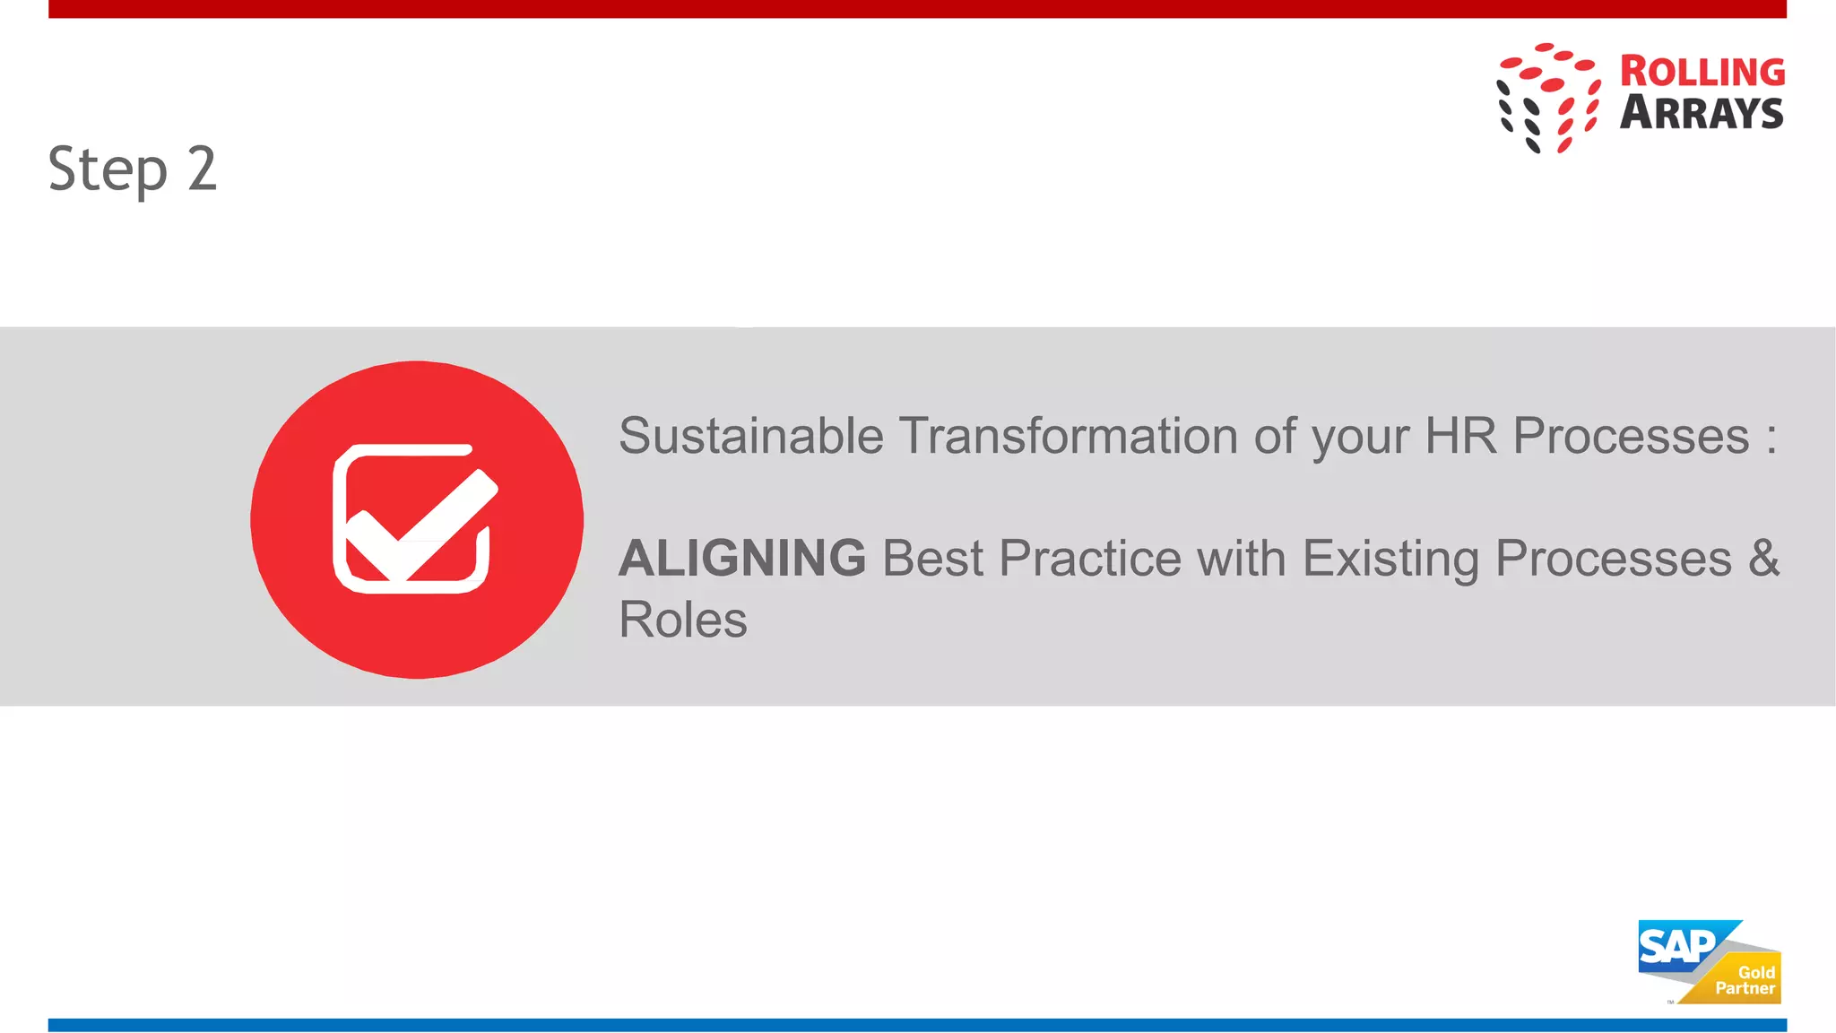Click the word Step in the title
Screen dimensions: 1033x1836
[x=108, y=169]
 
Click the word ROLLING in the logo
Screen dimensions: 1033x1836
[x=1702, y=72]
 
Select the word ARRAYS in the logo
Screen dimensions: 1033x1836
[x=1701, y=113]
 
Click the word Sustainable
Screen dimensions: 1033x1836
[x=751, y=437]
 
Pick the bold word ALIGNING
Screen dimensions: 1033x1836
[x=742, y=559]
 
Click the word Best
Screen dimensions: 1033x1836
[x=932, y=559]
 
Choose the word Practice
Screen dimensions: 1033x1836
[x=1090, y=559]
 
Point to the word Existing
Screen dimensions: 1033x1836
[x=1390, y=559]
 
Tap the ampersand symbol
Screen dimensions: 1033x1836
[x=1763, y=559]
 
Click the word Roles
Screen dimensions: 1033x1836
[x=683, y=621]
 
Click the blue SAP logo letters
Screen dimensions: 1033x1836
[x=1676, y=946]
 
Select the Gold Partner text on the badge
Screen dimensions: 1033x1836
[x=1745, y=980]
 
